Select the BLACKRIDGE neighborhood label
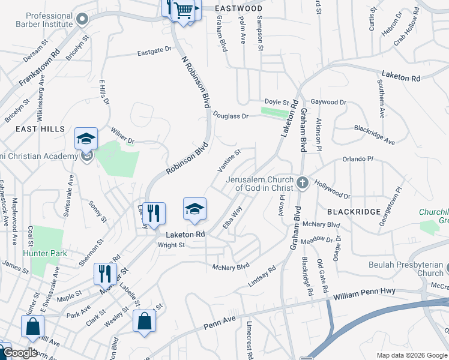(x=354, y=212)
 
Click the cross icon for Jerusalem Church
(x=302, y=182)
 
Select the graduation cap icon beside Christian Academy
(x=86, y=139)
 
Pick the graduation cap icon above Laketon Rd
(x=194, y=208)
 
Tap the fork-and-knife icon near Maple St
(x=105, y=274)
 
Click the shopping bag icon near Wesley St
(x=145, y=320)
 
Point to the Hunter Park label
(x=45, y=254)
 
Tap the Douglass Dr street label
(x=230, y=116)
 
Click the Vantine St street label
(x=229, y=159)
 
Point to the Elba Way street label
(x=232, y=217)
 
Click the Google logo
(x=20, y=353)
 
